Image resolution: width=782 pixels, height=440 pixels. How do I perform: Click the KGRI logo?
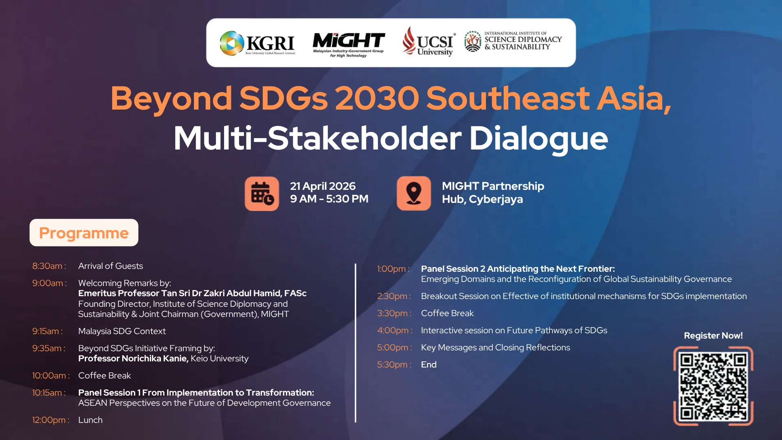257,43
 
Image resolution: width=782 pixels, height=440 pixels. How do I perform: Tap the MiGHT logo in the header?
348,43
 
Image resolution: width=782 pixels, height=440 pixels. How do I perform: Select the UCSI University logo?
428,42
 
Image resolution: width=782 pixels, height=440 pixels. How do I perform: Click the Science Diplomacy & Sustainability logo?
513,42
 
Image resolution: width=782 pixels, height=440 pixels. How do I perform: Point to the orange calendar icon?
262,194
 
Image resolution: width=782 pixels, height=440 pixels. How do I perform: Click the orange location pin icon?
414,194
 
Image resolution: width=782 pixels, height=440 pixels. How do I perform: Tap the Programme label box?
84,233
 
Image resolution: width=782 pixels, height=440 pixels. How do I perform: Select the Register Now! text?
713,336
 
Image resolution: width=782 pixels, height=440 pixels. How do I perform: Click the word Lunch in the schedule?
90,420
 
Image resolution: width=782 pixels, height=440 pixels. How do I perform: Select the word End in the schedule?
428,365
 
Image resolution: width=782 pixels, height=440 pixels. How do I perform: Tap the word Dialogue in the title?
538,139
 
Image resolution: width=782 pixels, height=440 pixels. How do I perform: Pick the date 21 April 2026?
323,186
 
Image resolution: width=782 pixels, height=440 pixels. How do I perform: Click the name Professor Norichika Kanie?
133,359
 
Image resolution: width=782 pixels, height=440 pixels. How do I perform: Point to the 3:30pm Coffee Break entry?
447,313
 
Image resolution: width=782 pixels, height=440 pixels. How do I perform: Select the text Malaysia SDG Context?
122,331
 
